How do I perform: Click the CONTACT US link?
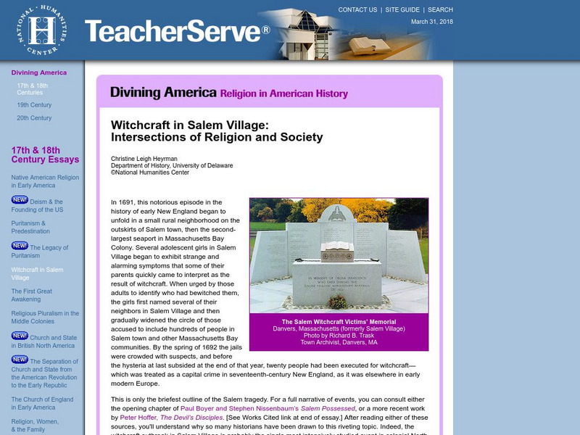coord(357,10)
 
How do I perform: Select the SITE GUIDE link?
coord(402,10)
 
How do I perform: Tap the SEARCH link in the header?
coord(440,10)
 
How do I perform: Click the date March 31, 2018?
coord(432,22)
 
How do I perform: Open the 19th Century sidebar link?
coord(34,105)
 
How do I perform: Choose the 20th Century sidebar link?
coord(34,118)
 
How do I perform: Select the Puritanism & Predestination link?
coord(30,227)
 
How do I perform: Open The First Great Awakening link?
coord(32,295)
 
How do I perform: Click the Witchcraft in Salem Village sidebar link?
coord(37,273)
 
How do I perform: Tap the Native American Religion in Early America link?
coord(45,181)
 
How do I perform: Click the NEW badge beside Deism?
coord(20,200)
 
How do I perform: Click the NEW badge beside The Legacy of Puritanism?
coord(20,246)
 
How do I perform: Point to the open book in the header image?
coord(372,44)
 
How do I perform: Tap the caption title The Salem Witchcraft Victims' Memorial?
coord(339,322)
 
